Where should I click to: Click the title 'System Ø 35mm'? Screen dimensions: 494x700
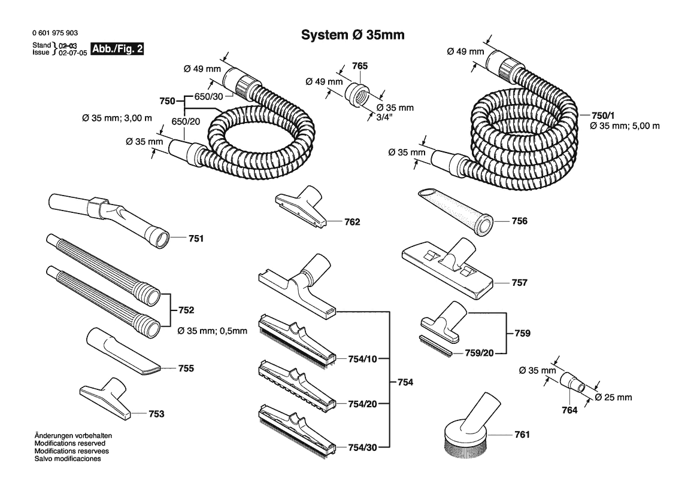(x=353, y=35)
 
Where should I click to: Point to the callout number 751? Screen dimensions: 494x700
(x=196, y=239)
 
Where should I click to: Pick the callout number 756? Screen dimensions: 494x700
(x=519, y=221)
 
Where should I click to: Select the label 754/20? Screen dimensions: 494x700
(x=362, y=404)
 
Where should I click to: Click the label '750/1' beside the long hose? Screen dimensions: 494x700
(x=603, y=115)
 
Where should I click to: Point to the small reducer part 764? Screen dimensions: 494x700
(x=574, y=383)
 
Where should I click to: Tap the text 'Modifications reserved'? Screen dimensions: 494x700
(x=70, y=443)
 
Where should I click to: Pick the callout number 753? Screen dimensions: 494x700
(x=156, y=414)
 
